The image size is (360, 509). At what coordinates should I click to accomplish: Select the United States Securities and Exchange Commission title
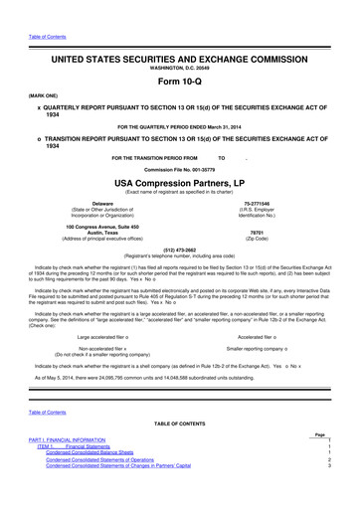pos(179,47)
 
